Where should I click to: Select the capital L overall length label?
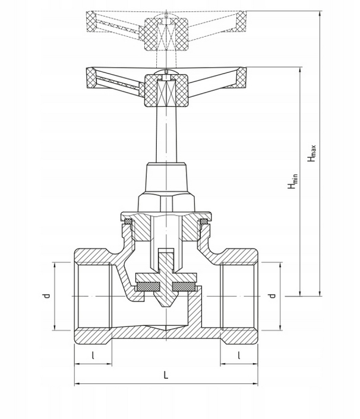(x=166, y=375)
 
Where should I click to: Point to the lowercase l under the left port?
(x=93, y=355)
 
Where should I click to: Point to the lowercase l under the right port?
(x=239, y=355)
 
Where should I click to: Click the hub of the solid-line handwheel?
(x=167, y=91)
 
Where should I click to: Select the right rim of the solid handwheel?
(x=242, y=77)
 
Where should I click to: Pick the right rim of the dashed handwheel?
(x=242, y=20)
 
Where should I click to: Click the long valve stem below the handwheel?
(x=167, y=134)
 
